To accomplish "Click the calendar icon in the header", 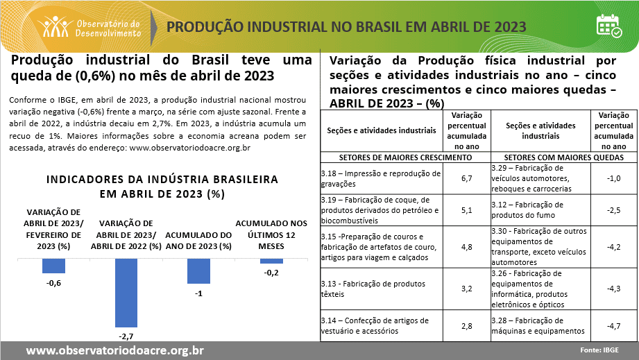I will [608, 26].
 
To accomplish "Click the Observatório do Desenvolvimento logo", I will [91, 26].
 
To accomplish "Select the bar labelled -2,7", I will [126, 292].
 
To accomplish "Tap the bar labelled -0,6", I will [53, 266].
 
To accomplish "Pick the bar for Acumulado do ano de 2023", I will [198, 271].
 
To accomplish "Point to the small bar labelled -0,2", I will [271, 261].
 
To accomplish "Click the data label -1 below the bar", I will [198, 294].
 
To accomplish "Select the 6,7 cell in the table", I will [466, 178].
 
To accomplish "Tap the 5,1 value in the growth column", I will [466, 209].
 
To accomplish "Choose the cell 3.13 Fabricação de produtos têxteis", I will [381, 288].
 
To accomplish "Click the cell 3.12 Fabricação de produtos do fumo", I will [539, 209].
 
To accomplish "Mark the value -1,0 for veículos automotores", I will [613, 178].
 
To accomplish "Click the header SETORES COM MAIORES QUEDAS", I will [563, 157].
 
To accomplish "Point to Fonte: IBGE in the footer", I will [599, 350].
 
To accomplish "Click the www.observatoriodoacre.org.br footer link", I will [114, 350].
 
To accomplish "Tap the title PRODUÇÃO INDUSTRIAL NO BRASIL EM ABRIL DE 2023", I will [346, 27].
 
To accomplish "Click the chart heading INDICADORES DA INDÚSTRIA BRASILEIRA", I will [162, 180].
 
